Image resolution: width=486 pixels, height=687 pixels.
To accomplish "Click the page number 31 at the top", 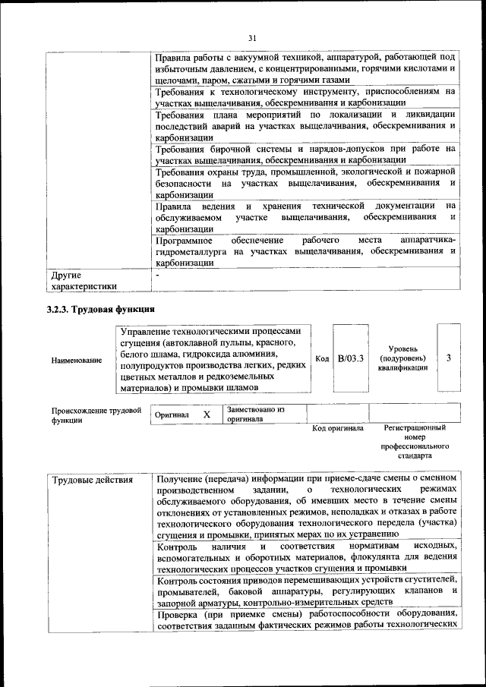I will point(253,38).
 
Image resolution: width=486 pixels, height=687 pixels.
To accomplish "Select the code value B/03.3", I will point(351,358).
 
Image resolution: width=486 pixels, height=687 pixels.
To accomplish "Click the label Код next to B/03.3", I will point(321,358).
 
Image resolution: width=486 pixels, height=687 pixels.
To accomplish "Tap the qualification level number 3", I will point(449,358).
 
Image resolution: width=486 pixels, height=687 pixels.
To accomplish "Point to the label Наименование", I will point(76,359).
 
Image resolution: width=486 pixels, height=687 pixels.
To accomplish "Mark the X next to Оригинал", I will point(206,415).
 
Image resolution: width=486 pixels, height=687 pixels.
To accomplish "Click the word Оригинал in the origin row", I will point(172,416).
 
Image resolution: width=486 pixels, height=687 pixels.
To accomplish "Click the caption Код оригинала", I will point(338,429).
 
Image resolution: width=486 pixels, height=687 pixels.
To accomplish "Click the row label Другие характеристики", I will point(84,281).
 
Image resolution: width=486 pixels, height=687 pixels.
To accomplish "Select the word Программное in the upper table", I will point(185,240).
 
